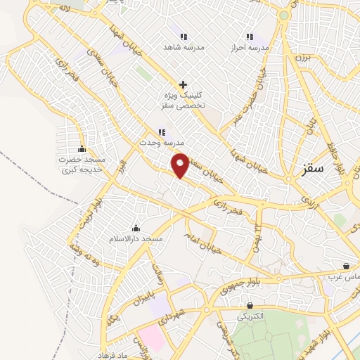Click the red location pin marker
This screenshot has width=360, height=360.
181,166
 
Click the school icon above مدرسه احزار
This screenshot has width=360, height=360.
250,37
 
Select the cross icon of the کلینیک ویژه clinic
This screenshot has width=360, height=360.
183,84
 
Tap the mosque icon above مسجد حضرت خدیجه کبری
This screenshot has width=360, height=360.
82,149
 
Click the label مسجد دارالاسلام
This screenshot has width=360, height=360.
136,239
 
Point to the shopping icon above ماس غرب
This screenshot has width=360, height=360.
347,266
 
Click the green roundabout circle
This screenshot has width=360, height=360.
284,15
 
